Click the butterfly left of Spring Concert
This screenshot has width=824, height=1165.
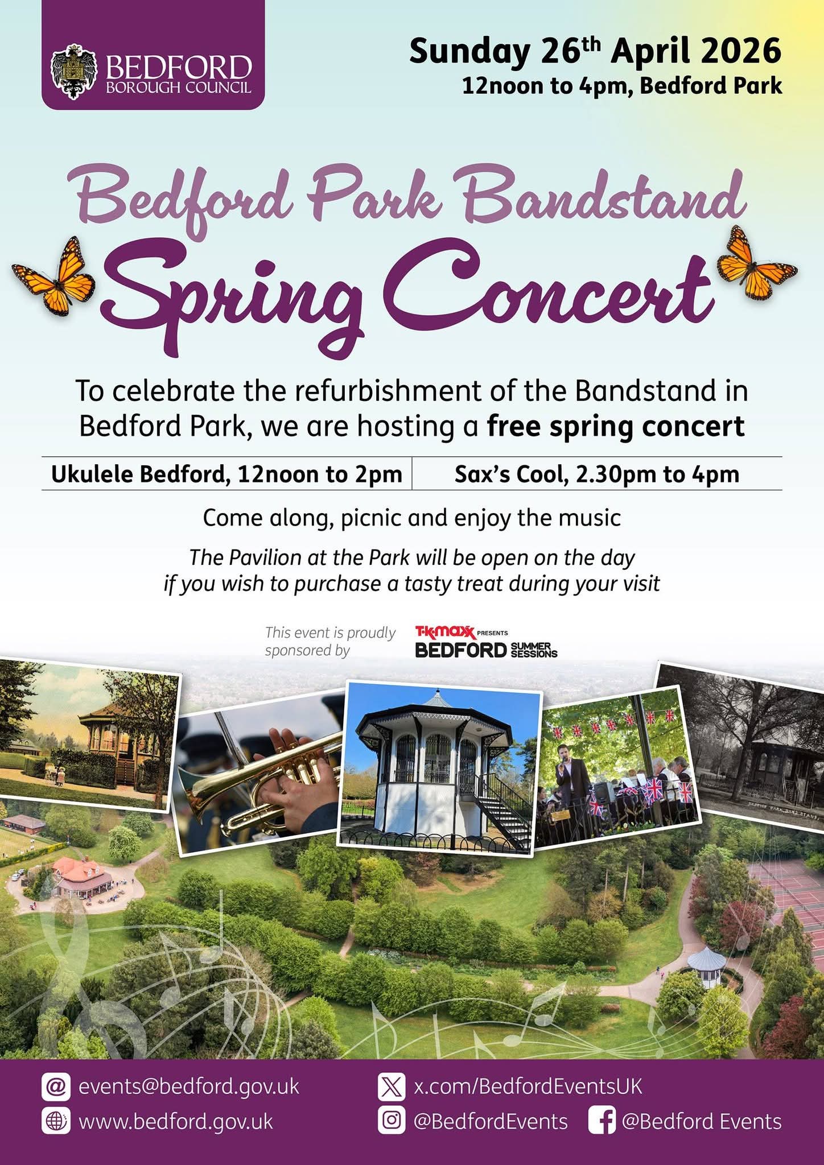click(x=53, y=275)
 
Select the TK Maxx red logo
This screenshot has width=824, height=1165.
click(x=444, y=632)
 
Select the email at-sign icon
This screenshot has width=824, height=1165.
click(x=56, y=1086)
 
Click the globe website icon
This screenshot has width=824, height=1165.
click(x=56, y=1121)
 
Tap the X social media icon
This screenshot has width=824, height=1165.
click(x=392, y=1086)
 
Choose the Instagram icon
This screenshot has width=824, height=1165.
click(x=392, y=1121)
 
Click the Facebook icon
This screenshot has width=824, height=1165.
click(x=601, y=1121)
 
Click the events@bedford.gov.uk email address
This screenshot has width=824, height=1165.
click(x=189, y=1086)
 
